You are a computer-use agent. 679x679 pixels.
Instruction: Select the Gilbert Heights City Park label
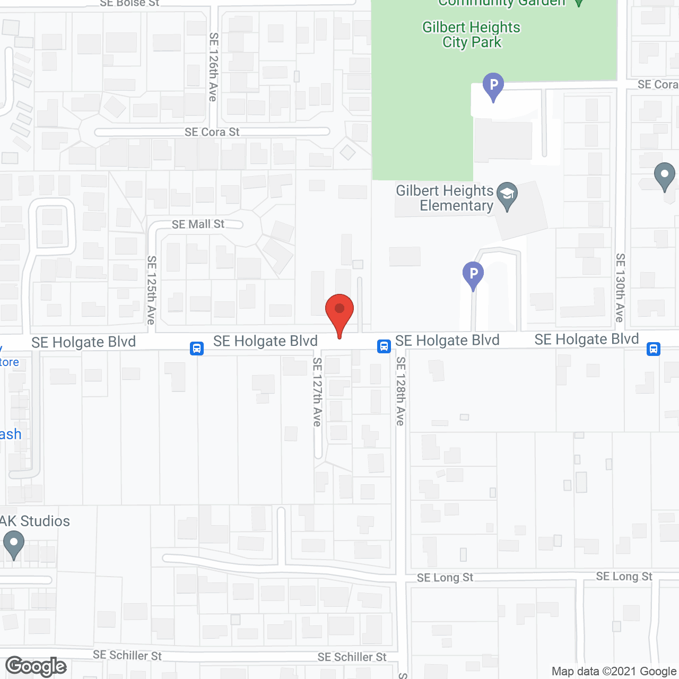471,34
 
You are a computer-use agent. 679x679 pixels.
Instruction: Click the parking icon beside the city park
493,86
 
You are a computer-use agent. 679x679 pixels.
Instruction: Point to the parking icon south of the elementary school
473,275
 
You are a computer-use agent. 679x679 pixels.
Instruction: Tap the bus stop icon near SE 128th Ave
384,346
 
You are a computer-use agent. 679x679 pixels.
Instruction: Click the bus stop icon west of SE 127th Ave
197,348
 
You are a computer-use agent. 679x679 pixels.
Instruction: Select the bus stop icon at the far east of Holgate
654,349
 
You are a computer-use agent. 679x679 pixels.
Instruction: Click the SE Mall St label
198,224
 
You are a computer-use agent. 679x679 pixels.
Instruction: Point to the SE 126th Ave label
213,67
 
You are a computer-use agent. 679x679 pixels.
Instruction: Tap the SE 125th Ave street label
152,290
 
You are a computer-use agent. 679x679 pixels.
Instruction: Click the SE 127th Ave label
317,391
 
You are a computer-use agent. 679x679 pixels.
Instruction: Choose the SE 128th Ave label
401,391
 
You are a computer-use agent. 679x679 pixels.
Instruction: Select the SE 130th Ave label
620,288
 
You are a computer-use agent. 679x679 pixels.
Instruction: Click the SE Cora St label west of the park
212,132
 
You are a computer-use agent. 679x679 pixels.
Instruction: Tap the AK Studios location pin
14,544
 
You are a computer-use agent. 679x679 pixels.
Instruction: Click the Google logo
36,666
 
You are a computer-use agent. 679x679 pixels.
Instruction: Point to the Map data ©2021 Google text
614,672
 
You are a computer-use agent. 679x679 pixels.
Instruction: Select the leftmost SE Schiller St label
127,656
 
